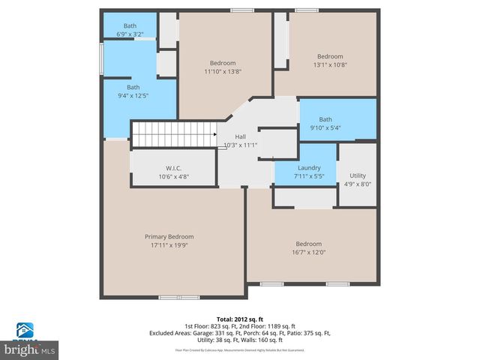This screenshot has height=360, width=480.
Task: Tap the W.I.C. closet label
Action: pyautogui.click(x=173, y=168)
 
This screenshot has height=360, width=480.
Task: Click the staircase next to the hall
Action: pyautogui.click(x=174, y=134)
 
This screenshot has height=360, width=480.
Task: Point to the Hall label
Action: pyautogui.click(x=240, y=136)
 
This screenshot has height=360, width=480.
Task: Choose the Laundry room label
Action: pyautogui.click(x=309, y=168)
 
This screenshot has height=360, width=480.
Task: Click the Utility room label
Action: pyautogui.click(x=358, y=175)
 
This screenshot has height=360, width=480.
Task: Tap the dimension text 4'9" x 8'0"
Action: pyautogui.click(x=358, y=184)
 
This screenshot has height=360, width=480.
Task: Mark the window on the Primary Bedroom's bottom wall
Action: pyautogui.click(x=178, y=297)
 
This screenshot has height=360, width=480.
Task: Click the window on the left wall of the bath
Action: pyautogui.click(x=102, y=58)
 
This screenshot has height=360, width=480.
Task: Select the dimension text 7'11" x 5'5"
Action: pyautogui.click(x=309, y=176)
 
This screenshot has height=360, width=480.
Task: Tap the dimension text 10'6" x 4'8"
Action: pyautogui.click(x=173, y=177)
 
